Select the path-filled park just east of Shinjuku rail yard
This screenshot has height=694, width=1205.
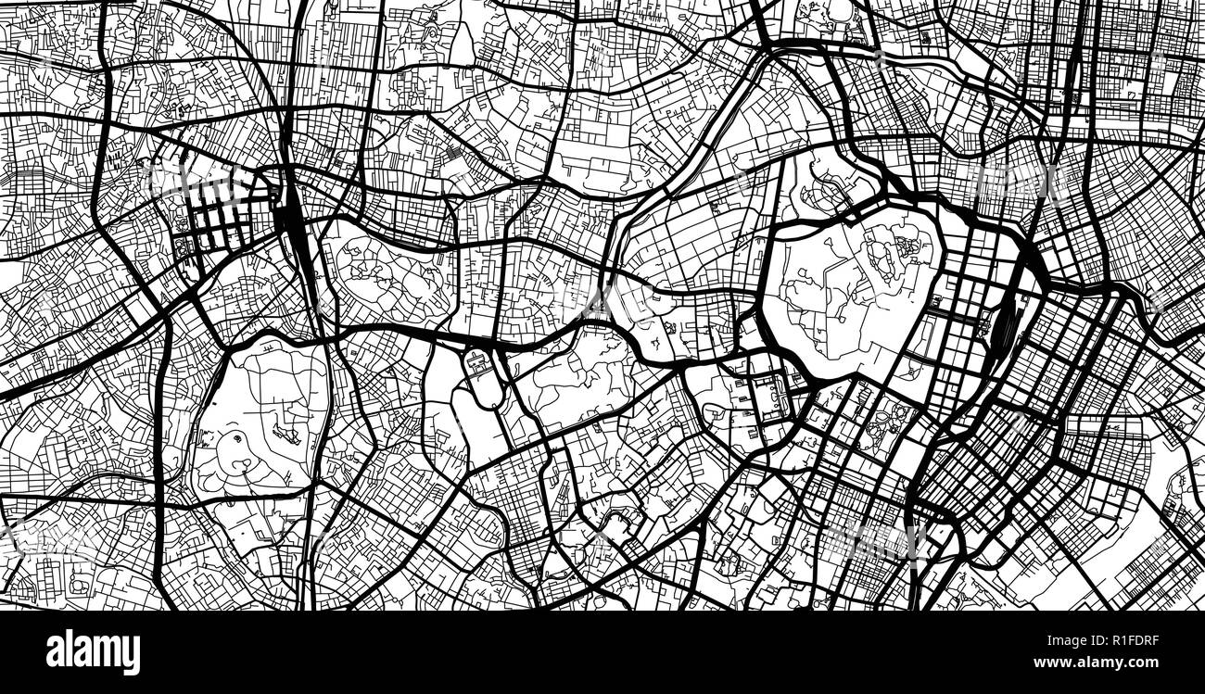380,278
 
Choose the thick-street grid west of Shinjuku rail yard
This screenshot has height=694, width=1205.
222,219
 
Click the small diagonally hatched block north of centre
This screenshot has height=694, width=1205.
454,153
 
